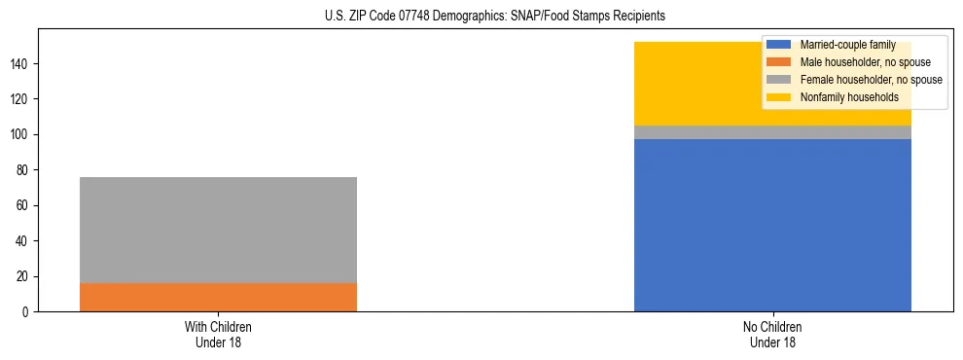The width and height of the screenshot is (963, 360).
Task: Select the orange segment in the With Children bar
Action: pyautogui.click(x=218, y=297)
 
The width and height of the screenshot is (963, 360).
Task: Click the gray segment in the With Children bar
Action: pyautogui.click(x=218, y=230)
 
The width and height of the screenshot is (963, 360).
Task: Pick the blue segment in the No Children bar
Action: pyautogui.click(x=772, y=225)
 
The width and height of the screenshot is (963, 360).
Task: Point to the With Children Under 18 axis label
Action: pyautogui.click(x=218, y=334)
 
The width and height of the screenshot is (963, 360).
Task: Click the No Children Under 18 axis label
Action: pyautogui.click(x=772, y=334)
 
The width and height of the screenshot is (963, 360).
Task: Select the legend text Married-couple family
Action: pyautogui.click(x=847, y=45)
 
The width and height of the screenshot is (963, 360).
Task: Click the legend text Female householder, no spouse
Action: pyautogui.click(x=871, y=80)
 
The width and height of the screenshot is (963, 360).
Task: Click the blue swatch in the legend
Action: pyautogui.click(x=779, y=45)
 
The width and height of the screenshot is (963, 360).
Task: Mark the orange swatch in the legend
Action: pyautogui.click(x=779, y=62)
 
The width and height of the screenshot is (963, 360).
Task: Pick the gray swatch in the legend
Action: pyautogui.click(x=779, y=80)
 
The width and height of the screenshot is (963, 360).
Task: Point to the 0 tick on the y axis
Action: pyautogui.click(x=27, y=311)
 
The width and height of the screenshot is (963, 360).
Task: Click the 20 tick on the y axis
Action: pyautogui.click(x=24, y=276)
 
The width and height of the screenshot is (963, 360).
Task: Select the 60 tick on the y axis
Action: pyautogui.click(x=24, y=205)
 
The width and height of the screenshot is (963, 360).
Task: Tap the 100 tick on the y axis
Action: pyautogui.click(x=21, y=134)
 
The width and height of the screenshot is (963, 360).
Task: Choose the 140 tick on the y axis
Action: pyautogui.click(x=21, y=63)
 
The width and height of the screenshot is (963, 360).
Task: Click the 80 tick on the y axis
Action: pyautogui.click(x=24, y=170)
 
